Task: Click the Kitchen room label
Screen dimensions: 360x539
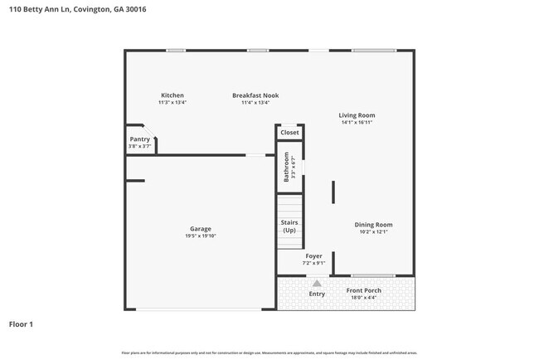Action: [x=172, y=95]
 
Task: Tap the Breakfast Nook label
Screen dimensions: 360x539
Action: [x=255, y=95]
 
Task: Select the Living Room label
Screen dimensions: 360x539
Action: [x=357, y=115]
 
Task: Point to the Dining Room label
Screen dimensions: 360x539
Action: [x=373, y=225]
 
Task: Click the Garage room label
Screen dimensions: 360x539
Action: [x=201, y=229]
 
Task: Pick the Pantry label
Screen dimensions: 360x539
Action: [x=139, y=139]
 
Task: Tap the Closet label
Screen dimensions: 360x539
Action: [x=289, y=133]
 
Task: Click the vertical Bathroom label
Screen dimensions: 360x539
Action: [x=287, y=167]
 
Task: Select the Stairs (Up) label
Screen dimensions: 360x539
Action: [x=289, y=226]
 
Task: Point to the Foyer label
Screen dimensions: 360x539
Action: [x=313, y=256]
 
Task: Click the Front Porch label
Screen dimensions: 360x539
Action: [x=363, y=290]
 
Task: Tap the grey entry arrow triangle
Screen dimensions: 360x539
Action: [x=317, y=284]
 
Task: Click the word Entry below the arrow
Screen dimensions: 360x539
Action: [x=317, y=294]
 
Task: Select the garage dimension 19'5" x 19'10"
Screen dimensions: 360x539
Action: [x=201, y=236]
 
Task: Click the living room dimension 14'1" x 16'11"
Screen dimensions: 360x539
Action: [x=357, y=122]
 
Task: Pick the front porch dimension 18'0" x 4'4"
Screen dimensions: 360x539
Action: [x=363, y=297]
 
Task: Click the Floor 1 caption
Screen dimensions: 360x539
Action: [x=21, y=324]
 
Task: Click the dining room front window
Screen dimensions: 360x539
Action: [x=372, y=275]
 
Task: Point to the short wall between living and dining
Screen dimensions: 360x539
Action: [x=333, y=192]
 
